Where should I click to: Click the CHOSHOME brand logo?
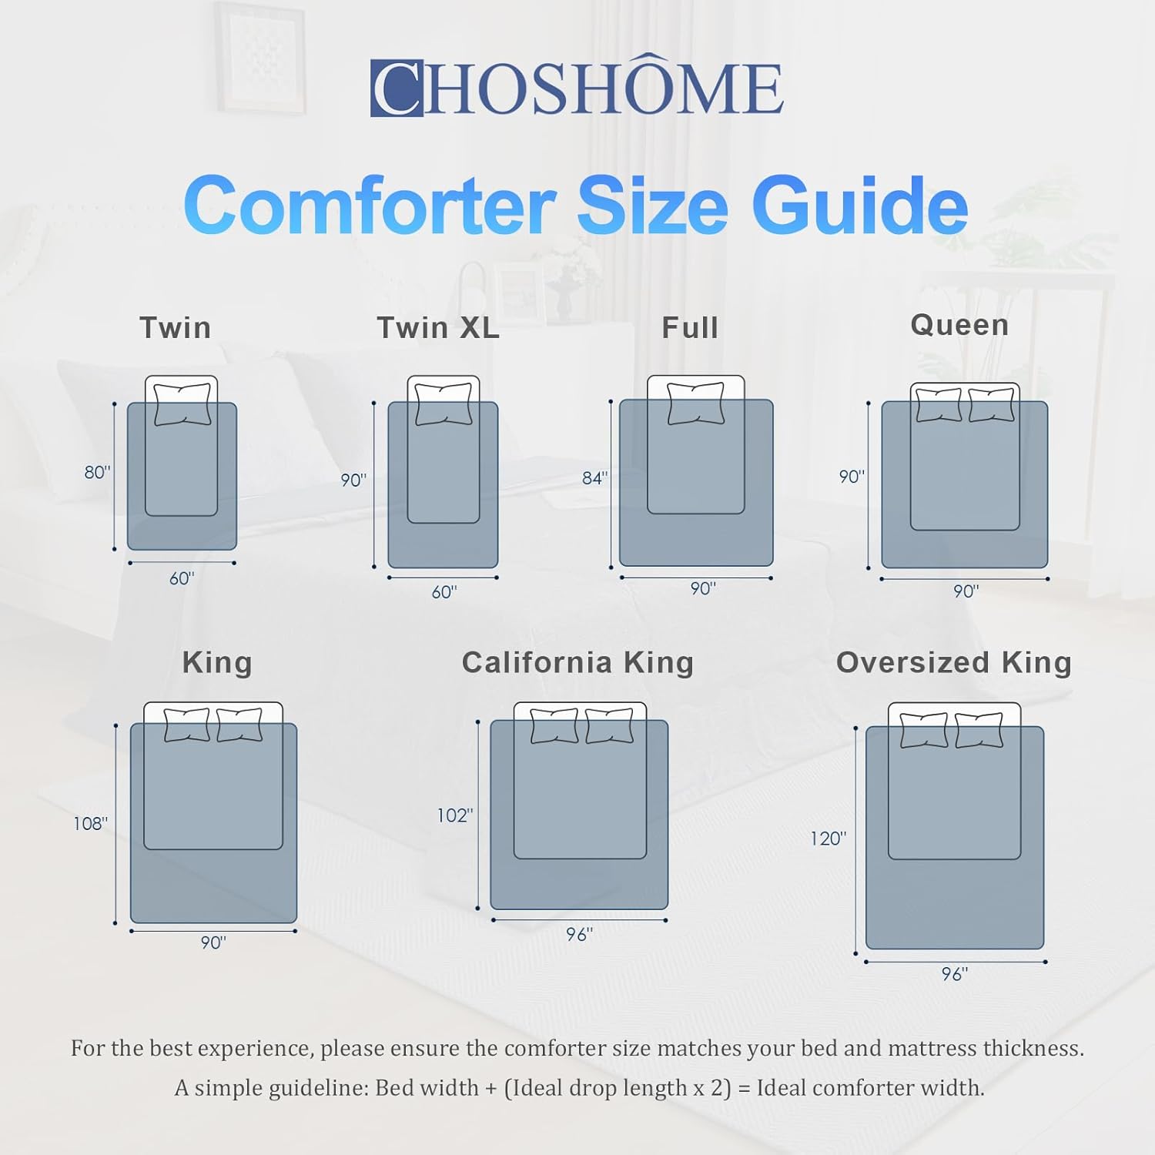coord(577,88)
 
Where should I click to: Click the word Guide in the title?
coord(860,206)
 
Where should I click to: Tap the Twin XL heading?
coord(438,328)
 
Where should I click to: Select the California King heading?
coord(577,662)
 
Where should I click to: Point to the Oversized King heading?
coord(953,662)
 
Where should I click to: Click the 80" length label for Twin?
coord(97,472)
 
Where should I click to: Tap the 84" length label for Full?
coord(594,478)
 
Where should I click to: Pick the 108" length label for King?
coord(90,823)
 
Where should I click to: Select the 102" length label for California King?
coord(454,815)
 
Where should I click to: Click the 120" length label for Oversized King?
coord(828,839)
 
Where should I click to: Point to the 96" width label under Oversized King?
coord(955,974)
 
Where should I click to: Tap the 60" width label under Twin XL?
coord(444,591)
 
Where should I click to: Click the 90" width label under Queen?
coord(966,591)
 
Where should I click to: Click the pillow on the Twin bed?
coord(182,404)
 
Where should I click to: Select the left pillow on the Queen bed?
coord(939,405)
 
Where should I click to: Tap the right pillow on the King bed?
coord(239,725)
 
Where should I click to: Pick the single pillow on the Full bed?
coord(696,403)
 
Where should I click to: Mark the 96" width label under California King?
coord(579,934)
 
